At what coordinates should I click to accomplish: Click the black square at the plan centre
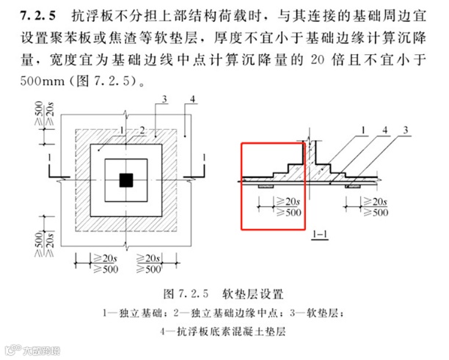pos(127,179)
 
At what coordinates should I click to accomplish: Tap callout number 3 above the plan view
pos(166,99)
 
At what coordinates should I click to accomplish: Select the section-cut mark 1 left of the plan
pos(47,158)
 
